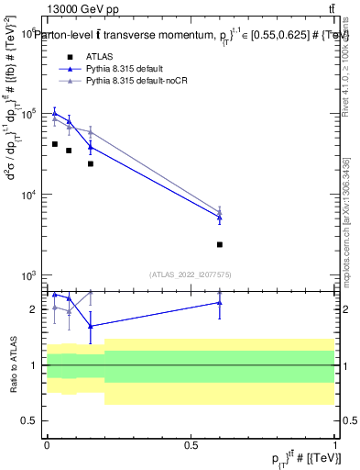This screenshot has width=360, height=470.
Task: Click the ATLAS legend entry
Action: [99, 57]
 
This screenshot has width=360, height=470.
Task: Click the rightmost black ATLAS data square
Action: [220, 244]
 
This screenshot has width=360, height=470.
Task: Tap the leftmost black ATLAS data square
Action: [55, 144]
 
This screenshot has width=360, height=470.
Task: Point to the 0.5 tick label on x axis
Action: [191, 444]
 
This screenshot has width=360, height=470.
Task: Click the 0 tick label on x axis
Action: [47, 444]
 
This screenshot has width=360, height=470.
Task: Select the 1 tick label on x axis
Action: [334, 444]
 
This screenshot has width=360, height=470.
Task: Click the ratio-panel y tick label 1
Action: [34, 365]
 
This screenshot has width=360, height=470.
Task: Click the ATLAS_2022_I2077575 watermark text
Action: [191, 274]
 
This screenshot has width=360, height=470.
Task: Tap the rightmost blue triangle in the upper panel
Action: [220, 218]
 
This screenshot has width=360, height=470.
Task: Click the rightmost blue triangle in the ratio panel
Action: [220, 302]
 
